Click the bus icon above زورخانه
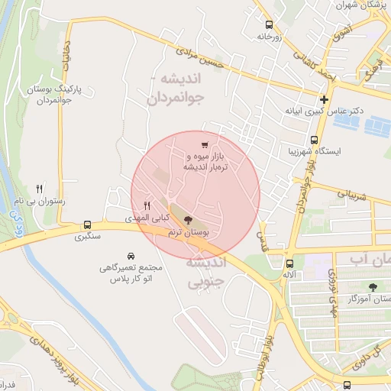268,24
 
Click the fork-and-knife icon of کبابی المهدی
147,205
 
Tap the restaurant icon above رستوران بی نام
40,189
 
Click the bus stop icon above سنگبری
88,225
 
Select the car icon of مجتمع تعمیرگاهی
131,256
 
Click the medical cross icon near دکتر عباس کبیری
325,99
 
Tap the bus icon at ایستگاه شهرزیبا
314,140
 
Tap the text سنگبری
88,238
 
